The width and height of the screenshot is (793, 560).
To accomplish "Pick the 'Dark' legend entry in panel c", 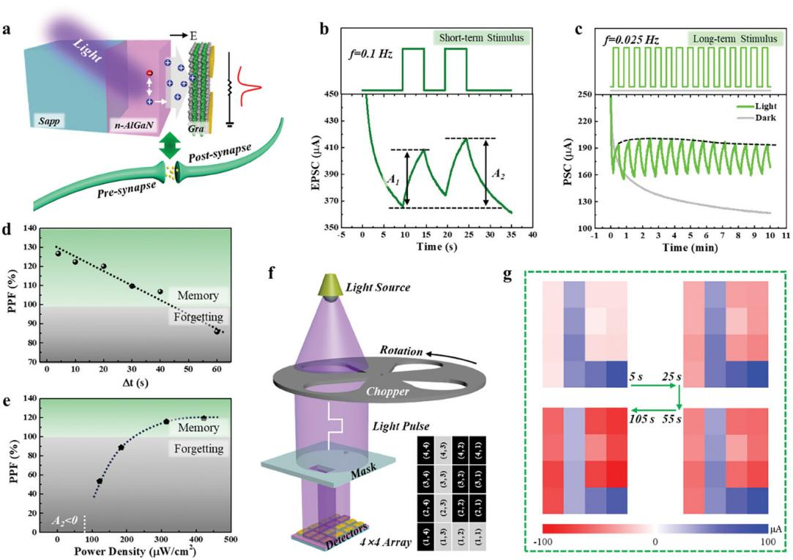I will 755,116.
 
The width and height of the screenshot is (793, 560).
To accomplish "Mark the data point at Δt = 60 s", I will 217,331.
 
